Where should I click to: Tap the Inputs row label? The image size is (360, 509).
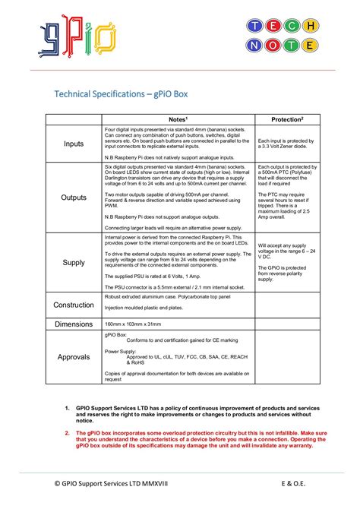(74, 144)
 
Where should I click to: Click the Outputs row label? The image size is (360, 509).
(74, 197)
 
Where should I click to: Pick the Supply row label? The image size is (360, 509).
(74, 262)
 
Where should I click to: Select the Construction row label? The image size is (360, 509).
(74, 305)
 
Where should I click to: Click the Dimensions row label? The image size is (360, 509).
(74, 324)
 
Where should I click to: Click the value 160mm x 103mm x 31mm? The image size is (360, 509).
(134, 324)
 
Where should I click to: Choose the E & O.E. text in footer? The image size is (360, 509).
(297, 483)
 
